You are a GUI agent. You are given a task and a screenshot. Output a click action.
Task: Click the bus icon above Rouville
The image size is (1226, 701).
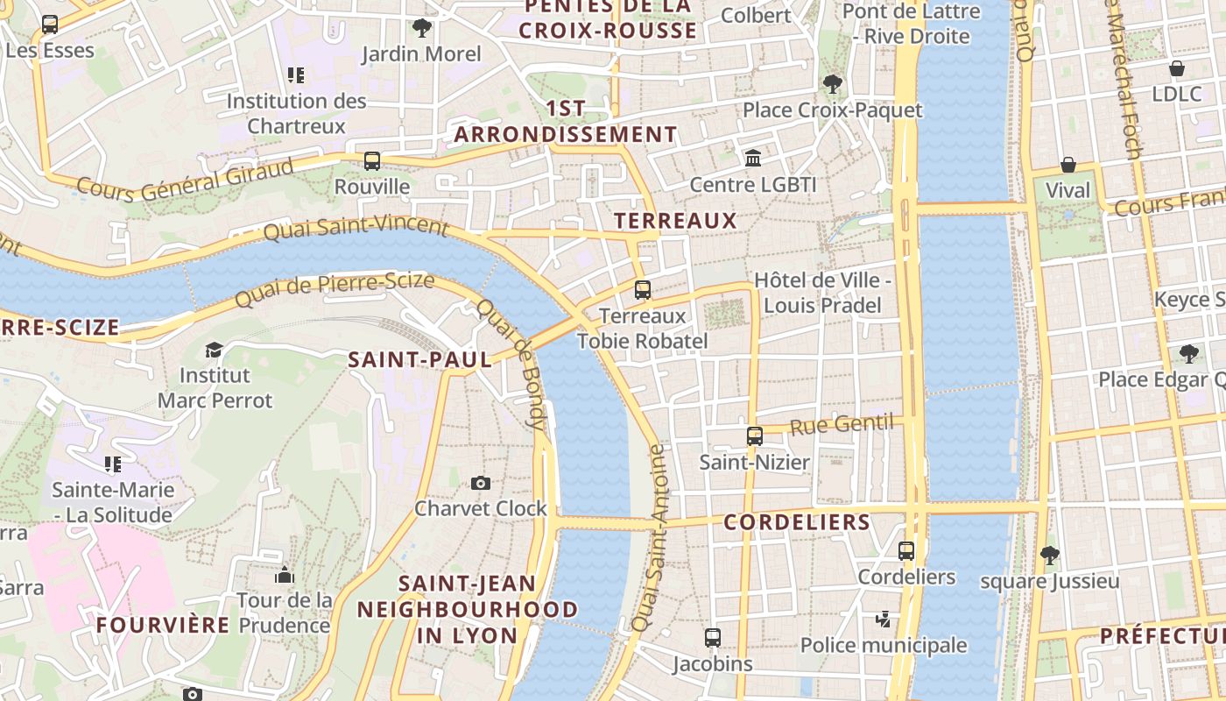pos(372,160)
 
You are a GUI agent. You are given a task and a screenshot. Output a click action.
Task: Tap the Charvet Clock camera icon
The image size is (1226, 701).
pos(480,483)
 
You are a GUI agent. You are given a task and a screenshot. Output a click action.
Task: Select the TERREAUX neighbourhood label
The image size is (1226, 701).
pos(675,221)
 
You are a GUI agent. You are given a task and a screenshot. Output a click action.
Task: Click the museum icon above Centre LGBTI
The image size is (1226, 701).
pos(753,159)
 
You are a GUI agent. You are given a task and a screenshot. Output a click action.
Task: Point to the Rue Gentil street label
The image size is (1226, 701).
pos(842,425)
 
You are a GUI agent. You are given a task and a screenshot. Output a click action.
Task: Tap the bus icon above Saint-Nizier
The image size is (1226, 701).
pos(754,435)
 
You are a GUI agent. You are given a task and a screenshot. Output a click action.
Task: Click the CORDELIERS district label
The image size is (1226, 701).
pos(797,523)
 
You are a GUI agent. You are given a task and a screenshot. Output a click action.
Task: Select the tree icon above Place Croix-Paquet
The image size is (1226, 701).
pos(832,84)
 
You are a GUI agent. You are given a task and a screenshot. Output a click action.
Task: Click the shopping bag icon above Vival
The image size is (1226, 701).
pos(1068,165)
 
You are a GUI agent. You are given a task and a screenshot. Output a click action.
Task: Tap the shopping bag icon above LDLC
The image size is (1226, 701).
pos(1177,68)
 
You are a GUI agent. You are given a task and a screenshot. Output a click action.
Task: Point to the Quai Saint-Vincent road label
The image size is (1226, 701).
pos(356,228)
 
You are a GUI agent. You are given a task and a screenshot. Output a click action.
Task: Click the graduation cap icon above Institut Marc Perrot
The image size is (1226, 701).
pos(214,350)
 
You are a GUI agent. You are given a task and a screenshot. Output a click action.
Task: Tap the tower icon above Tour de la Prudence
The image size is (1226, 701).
pos(284,575)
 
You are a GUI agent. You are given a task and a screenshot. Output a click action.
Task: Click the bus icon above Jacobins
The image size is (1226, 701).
pos(713,638)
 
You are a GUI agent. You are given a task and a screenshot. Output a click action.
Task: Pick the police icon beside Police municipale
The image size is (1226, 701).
pos(883,620)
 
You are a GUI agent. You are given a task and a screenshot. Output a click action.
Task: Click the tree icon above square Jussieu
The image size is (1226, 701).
pos(1049,555)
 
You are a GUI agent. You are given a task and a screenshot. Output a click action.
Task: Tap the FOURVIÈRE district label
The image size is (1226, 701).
pos(163,626)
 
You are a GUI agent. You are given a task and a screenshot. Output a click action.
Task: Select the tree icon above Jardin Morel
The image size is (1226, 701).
pos(421,28)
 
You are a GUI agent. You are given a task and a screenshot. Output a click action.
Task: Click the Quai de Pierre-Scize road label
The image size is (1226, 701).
pos(335,290)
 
